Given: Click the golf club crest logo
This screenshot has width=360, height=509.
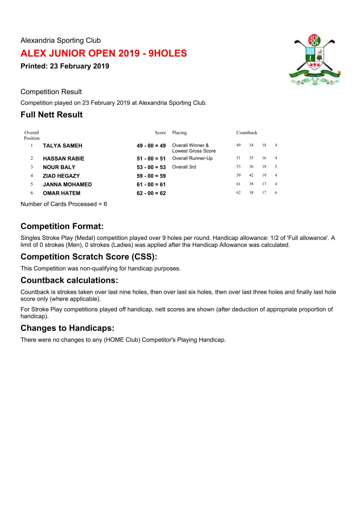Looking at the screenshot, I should point(314,60).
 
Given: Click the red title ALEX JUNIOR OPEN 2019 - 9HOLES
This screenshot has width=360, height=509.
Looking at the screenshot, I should point(104,53).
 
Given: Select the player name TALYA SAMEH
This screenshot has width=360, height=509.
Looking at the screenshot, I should point(62,146).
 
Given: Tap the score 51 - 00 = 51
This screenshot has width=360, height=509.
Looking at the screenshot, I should point(151,159).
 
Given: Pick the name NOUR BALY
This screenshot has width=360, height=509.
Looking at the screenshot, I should point(59,167).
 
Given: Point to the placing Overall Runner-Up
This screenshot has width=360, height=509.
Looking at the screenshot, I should point(192,158).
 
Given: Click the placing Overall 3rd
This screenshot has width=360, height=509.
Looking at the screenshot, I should point(184,167).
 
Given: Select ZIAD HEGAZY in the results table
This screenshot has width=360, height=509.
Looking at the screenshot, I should point(61,176).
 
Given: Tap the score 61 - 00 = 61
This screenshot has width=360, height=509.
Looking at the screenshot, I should point(151,185).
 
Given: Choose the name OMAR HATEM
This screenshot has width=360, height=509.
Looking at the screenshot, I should point(61,193).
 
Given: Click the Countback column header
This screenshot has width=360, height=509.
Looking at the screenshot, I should point(246,133).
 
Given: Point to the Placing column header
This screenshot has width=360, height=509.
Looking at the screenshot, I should point(180,133).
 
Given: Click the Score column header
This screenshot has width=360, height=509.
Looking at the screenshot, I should point(160,133).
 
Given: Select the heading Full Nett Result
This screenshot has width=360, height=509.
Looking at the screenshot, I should point(51,115).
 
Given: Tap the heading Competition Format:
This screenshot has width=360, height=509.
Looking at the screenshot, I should point(62,227).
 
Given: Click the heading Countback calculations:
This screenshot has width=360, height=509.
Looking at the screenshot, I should point(69,280).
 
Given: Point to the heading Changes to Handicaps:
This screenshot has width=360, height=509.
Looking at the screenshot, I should point(67,328).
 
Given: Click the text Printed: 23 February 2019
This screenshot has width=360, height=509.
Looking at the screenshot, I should point(65,66).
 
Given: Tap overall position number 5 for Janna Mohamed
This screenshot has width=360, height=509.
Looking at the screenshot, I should point(32,184).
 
